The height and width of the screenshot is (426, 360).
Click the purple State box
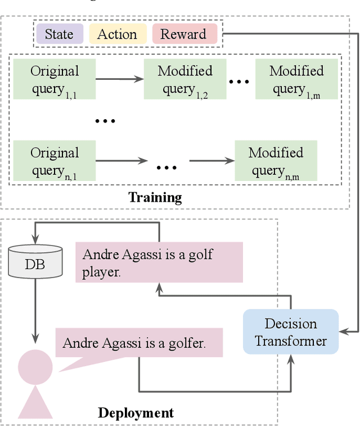pyautogui.click(x=60, y=34)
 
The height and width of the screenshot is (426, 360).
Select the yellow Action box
pyautogui.click(x=118, y=34)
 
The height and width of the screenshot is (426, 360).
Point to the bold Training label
pyautogui.click(x=155, y=197)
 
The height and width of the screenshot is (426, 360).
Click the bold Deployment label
pyautogui.click(x=136, y=413)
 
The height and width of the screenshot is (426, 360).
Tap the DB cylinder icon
pyautogui.click(x=35, y=261)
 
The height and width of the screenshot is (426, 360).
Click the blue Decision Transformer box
pyautogui.click(x=290, y=332)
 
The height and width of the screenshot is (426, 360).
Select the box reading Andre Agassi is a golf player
pyautogui.click(x=159, y=262)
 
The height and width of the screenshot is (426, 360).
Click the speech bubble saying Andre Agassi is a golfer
pyautogui.click(x=138, y=343)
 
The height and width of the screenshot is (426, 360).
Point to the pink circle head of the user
pyautogui.click(x=35, y=366)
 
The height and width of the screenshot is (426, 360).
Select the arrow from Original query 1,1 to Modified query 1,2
pyautogui.click(x=119, y=79)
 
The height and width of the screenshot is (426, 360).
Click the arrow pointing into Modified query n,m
pyautogui.click(x=211, y=161)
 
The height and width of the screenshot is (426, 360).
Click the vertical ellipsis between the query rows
pyautogui.click(x=105, y=120)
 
